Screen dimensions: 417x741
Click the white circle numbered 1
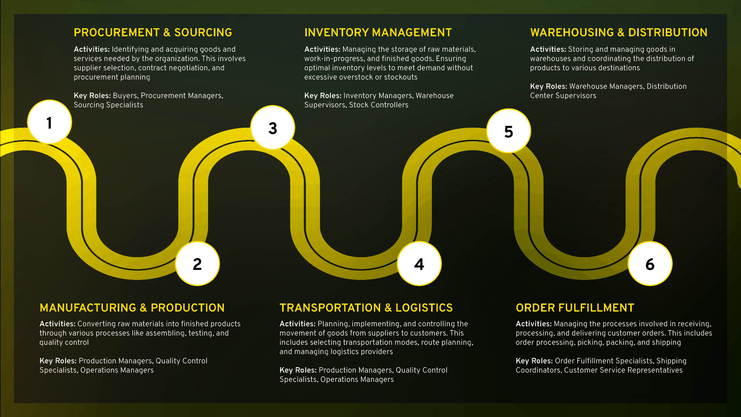49,122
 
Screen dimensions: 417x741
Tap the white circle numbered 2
197,264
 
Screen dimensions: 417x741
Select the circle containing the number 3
272,127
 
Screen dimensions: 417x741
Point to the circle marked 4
419,264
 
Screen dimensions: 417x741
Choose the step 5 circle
508,131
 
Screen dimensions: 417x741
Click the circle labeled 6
650,264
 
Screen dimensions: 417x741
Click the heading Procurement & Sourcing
153,32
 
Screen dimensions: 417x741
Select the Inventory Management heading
378,32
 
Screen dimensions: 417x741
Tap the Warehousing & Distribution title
619,32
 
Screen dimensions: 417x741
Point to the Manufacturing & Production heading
132,308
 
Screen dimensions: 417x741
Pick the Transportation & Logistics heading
366,308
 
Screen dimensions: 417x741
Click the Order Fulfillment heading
575,308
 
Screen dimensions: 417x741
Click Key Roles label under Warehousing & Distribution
548,86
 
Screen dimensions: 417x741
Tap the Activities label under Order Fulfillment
533,324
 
